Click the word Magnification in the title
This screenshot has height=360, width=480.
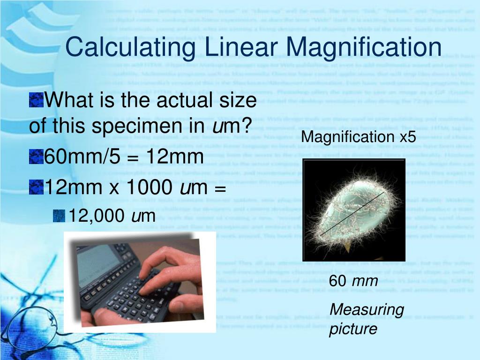point(364,48)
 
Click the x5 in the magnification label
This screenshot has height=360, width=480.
point(408,137)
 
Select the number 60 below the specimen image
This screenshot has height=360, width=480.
point(337,282)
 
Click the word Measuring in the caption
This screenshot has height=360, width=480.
point(367,309)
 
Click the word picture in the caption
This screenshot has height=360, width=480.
point(353,329)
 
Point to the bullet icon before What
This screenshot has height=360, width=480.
point(36,100)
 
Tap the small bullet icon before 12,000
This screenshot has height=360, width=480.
point(59,216)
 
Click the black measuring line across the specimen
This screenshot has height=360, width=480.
point(352,214)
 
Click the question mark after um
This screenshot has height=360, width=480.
point(246,125)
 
